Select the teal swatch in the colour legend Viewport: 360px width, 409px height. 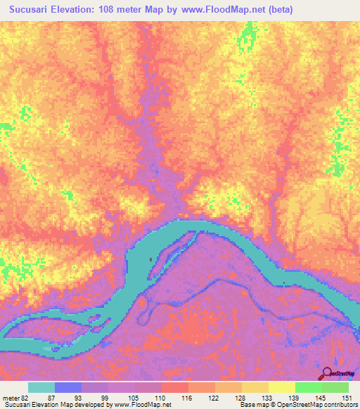tap(41, 388)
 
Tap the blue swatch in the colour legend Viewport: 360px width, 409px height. tap(68, 388)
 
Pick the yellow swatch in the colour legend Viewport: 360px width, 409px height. tap(282, 388)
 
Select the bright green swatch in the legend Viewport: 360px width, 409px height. tap(309, 388)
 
